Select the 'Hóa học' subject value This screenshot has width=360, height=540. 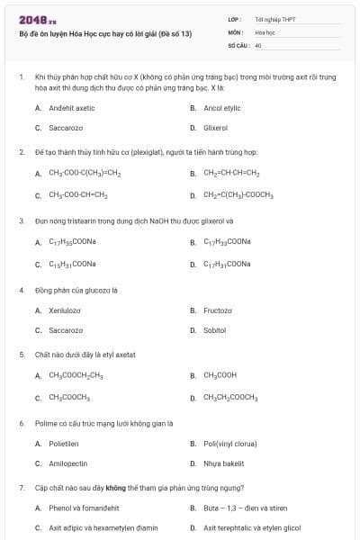click(x=265, y=31)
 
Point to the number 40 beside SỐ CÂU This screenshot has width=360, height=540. click(x=258, y=44)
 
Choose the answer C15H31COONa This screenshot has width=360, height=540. click(x=72, y=264)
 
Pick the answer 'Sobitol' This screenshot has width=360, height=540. click(x=215, y=330)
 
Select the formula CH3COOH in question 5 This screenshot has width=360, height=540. click(x=220, y=375)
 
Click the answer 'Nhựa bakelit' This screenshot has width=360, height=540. click(x=224, y=463)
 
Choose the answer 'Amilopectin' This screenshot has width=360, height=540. click(x=68, y=463)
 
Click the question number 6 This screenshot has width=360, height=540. click(x=21, y=423)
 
